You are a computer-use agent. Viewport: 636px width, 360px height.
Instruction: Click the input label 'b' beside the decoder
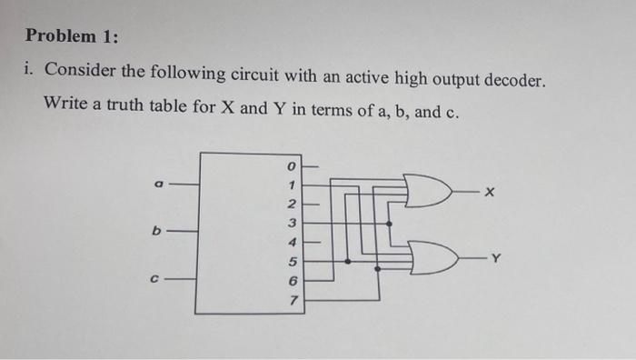pyautogui.click(x=156, y=231)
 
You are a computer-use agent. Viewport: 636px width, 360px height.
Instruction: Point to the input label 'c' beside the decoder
pyautogui.click(x=156, y=280)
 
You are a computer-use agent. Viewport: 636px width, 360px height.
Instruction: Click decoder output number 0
pyautogui.click(x=292, y=166)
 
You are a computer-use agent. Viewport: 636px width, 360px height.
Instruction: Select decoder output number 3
pyautogui.click(x=292, y=222)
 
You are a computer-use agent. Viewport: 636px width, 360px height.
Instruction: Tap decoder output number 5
pyautogui.click(x=292, y=261)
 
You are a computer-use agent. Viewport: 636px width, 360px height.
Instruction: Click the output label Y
pyautogui.click(x=494, y=260)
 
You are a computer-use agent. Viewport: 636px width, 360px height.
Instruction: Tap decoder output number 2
pyautogui.click(x=292, y=203)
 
